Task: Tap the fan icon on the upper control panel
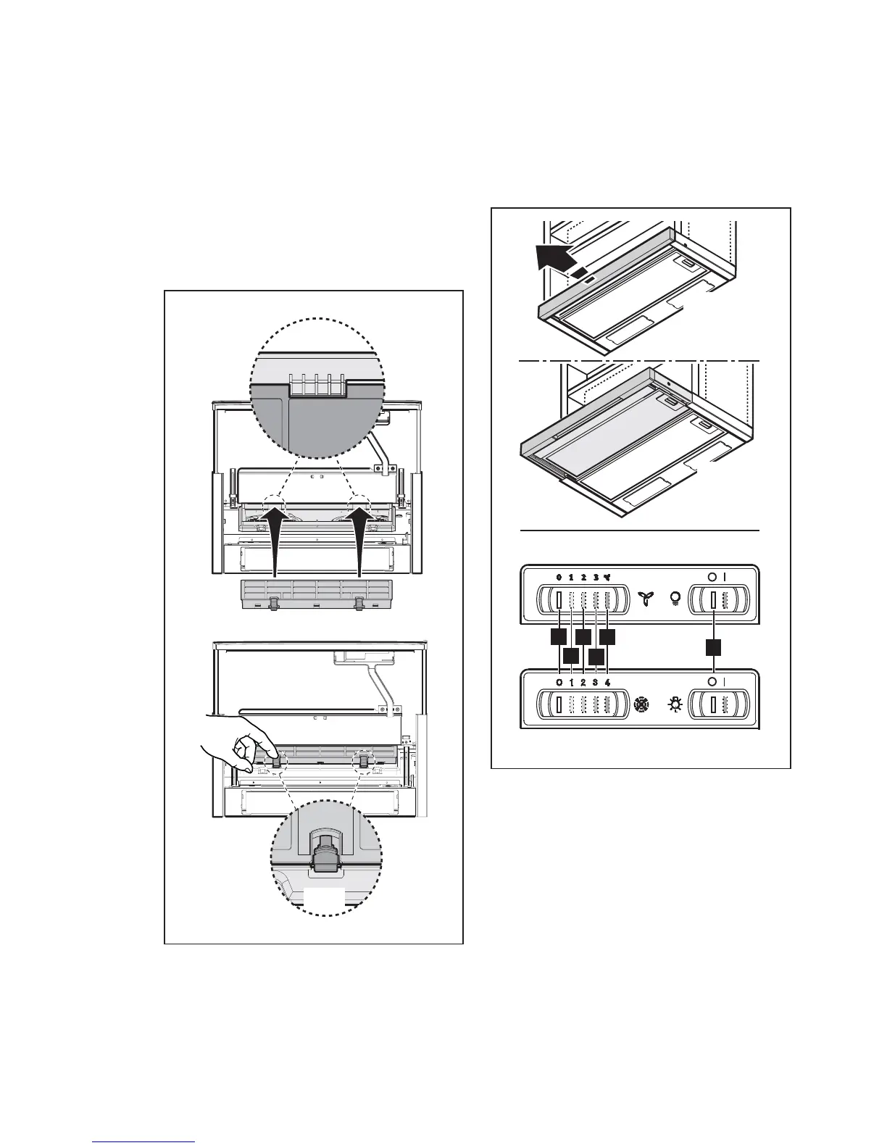point(644,599)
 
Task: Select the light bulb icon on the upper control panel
point(675,599)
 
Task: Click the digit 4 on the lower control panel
point(607,683)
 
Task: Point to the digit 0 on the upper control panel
point(559,578)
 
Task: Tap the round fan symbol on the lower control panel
point(640,704)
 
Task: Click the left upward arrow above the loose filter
point(273,540)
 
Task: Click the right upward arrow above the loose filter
point(360,540)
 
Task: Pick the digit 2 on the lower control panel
point(583,683)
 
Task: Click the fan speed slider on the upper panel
point(580,600)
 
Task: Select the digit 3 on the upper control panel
point(595,578)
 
